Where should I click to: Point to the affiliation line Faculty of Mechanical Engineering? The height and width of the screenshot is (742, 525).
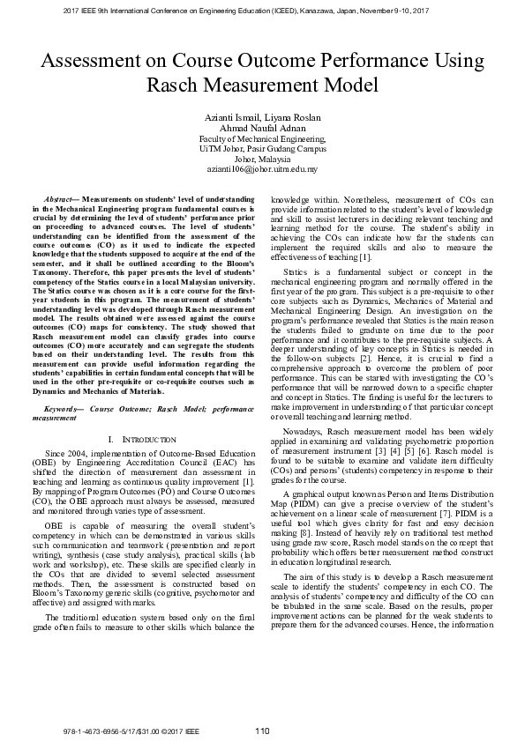tap(262, 138)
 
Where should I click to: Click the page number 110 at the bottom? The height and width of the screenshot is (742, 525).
tap(262, 731)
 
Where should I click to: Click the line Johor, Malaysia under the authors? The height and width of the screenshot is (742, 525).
tap(262, 158)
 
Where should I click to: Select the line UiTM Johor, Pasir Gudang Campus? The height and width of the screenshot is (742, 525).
tap(262, 148)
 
